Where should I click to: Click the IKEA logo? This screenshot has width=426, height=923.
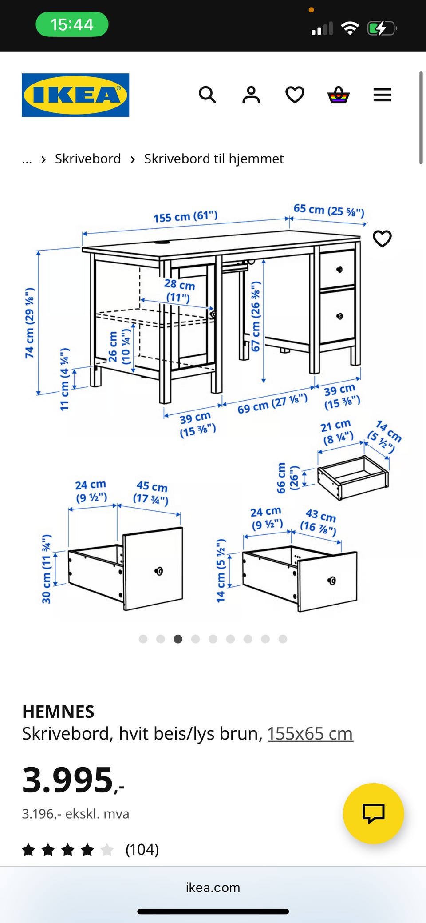75,95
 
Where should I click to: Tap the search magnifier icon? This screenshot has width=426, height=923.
207,95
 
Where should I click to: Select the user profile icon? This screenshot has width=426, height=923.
251,95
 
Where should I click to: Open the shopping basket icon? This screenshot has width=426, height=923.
339,95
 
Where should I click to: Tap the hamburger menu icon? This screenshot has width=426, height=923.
382,95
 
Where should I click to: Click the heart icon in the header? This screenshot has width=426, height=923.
295,95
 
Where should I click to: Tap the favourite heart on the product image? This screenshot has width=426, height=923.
382,239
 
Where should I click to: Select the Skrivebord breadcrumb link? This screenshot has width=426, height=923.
88,159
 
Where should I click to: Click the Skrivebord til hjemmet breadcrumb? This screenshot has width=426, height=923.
214,159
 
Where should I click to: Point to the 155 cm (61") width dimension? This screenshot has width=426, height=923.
185,216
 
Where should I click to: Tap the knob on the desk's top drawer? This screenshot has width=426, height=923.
339,269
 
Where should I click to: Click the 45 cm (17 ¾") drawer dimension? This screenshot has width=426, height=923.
151,493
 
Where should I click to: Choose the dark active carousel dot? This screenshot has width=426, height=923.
178,639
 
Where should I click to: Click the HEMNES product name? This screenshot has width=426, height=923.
58,712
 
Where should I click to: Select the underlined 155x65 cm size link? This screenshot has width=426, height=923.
310,734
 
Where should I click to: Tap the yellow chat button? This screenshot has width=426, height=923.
373,813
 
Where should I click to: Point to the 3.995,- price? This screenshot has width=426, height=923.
73,780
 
